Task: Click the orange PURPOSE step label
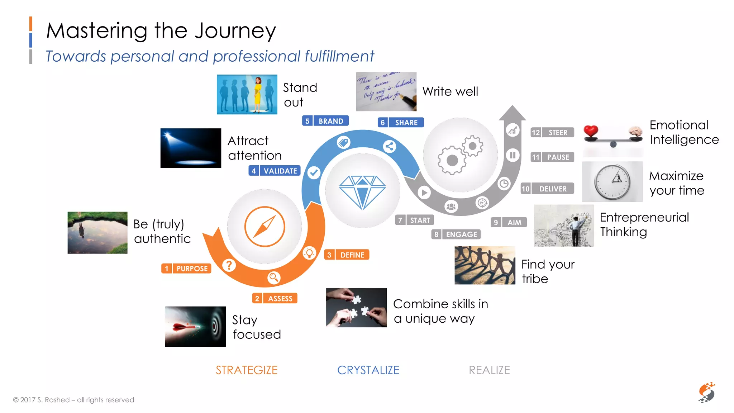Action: pyautogui.click(x=186, y=269)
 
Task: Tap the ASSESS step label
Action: pyautogui.click(x=275, y=298)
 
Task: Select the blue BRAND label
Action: pyautogui.click(x=325, y=121)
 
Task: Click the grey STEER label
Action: pyautogui.click(x=552, y=133)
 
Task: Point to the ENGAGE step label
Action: pyautogui.click(x=456, y=234)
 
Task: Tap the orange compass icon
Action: pyautogui.click(x=264, y=227)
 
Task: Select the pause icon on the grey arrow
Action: pyautogui.click(x=513, y=155)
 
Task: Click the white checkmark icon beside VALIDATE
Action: pyautogui.click(x=314, y=173)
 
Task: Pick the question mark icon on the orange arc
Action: pyautogui.click(x=229, y=265)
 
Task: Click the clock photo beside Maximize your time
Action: pyautogui.click(x=612, y=182)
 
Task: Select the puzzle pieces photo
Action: pyautogui.click(x=356, y=308)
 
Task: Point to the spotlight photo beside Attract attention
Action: pyautogui.click(x=191, y=148)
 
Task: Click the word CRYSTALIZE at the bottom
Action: pyautogui.click(x=368, y=370)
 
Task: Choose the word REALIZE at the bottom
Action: pyautogui.click(x=489, y=370)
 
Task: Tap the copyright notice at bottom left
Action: pyautogui.click(x=73, y=400)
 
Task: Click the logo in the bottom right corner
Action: pyautogui.click(x=706, y=393)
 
